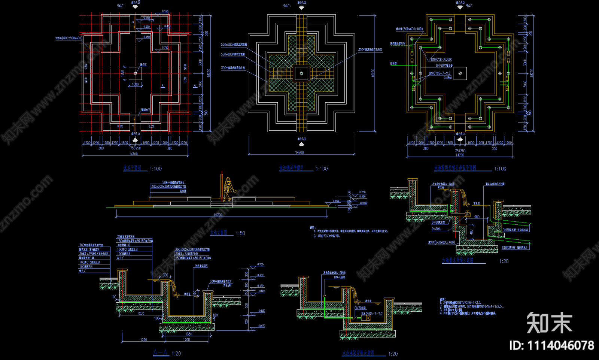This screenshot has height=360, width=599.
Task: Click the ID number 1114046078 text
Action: (x=551, y=345)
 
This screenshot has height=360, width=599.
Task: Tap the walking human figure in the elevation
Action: (x=228, y=188)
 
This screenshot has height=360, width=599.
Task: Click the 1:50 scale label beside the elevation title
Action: (x=240, y=233)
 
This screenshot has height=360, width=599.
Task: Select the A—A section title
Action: (x=161, y=353)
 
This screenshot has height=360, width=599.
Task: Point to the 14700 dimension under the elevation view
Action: (x=218, y=215)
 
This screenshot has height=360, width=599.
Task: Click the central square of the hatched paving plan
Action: (x=301, y=73)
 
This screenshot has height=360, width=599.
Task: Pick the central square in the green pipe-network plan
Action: (x=460, y=73)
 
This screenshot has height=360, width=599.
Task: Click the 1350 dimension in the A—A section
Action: (x=189, y=334)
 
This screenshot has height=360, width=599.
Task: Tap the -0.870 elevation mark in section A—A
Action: (x=261, y=326)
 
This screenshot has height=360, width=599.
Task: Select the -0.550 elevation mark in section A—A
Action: (x=261, y=311)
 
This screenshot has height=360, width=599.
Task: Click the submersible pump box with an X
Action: (x=368, y=318)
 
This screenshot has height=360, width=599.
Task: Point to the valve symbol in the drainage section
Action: (x=468, y=215)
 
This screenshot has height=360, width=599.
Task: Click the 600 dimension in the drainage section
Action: (x=477, y=217)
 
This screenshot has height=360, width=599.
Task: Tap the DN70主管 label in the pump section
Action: (x=340, y=277)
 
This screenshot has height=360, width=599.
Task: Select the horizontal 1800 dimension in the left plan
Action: (x=135, y=84)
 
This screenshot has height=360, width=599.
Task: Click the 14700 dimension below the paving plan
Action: (x=299, y=152)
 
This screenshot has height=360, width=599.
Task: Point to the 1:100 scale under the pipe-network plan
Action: (x=500, y=169)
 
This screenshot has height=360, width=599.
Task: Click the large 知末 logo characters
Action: (x=549, y=323)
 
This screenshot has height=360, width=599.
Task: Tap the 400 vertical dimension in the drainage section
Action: (x=471, y=232)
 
